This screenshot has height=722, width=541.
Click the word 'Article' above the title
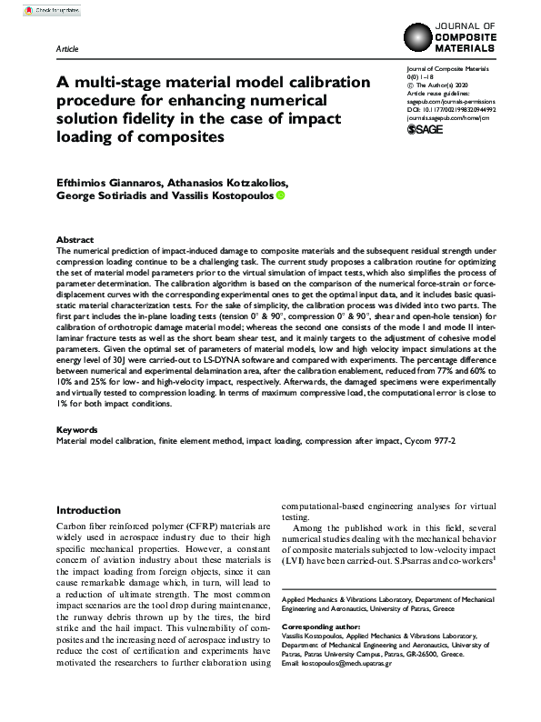67,47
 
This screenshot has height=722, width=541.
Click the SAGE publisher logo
425,130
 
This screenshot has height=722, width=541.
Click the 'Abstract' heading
75,238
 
